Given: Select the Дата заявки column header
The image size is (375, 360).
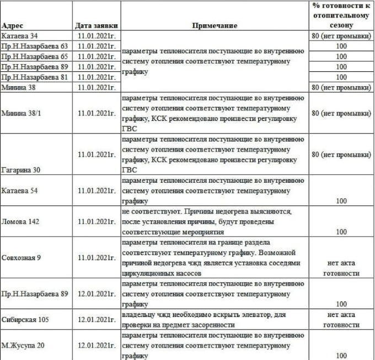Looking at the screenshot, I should tap(95, 26).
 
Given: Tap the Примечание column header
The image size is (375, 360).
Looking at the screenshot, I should tap(215, 26).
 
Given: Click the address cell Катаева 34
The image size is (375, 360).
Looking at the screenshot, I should tap(19, 36).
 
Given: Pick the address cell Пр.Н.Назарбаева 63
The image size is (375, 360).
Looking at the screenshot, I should tap(35, 46).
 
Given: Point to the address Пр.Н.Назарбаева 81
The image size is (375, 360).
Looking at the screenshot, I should tap(35, 77).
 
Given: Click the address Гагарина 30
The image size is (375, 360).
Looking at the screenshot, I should tap(22, 171).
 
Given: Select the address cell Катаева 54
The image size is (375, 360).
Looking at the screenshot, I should tap(19, 197).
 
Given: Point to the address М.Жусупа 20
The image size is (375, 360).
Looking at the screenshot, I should tap(22, 345).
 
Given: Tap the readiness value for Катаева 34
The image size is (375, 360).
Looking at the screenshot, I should tap(341, 36).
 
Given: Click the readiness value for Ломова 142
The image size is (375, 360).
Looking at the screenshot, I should tap(341, 232).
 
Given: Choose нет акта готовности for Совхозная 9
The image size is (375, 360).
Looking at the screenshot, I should tap(341, 268).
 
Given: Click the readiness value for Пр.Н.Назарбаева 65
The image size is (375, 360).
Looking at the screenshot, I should tap(341, 56).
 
